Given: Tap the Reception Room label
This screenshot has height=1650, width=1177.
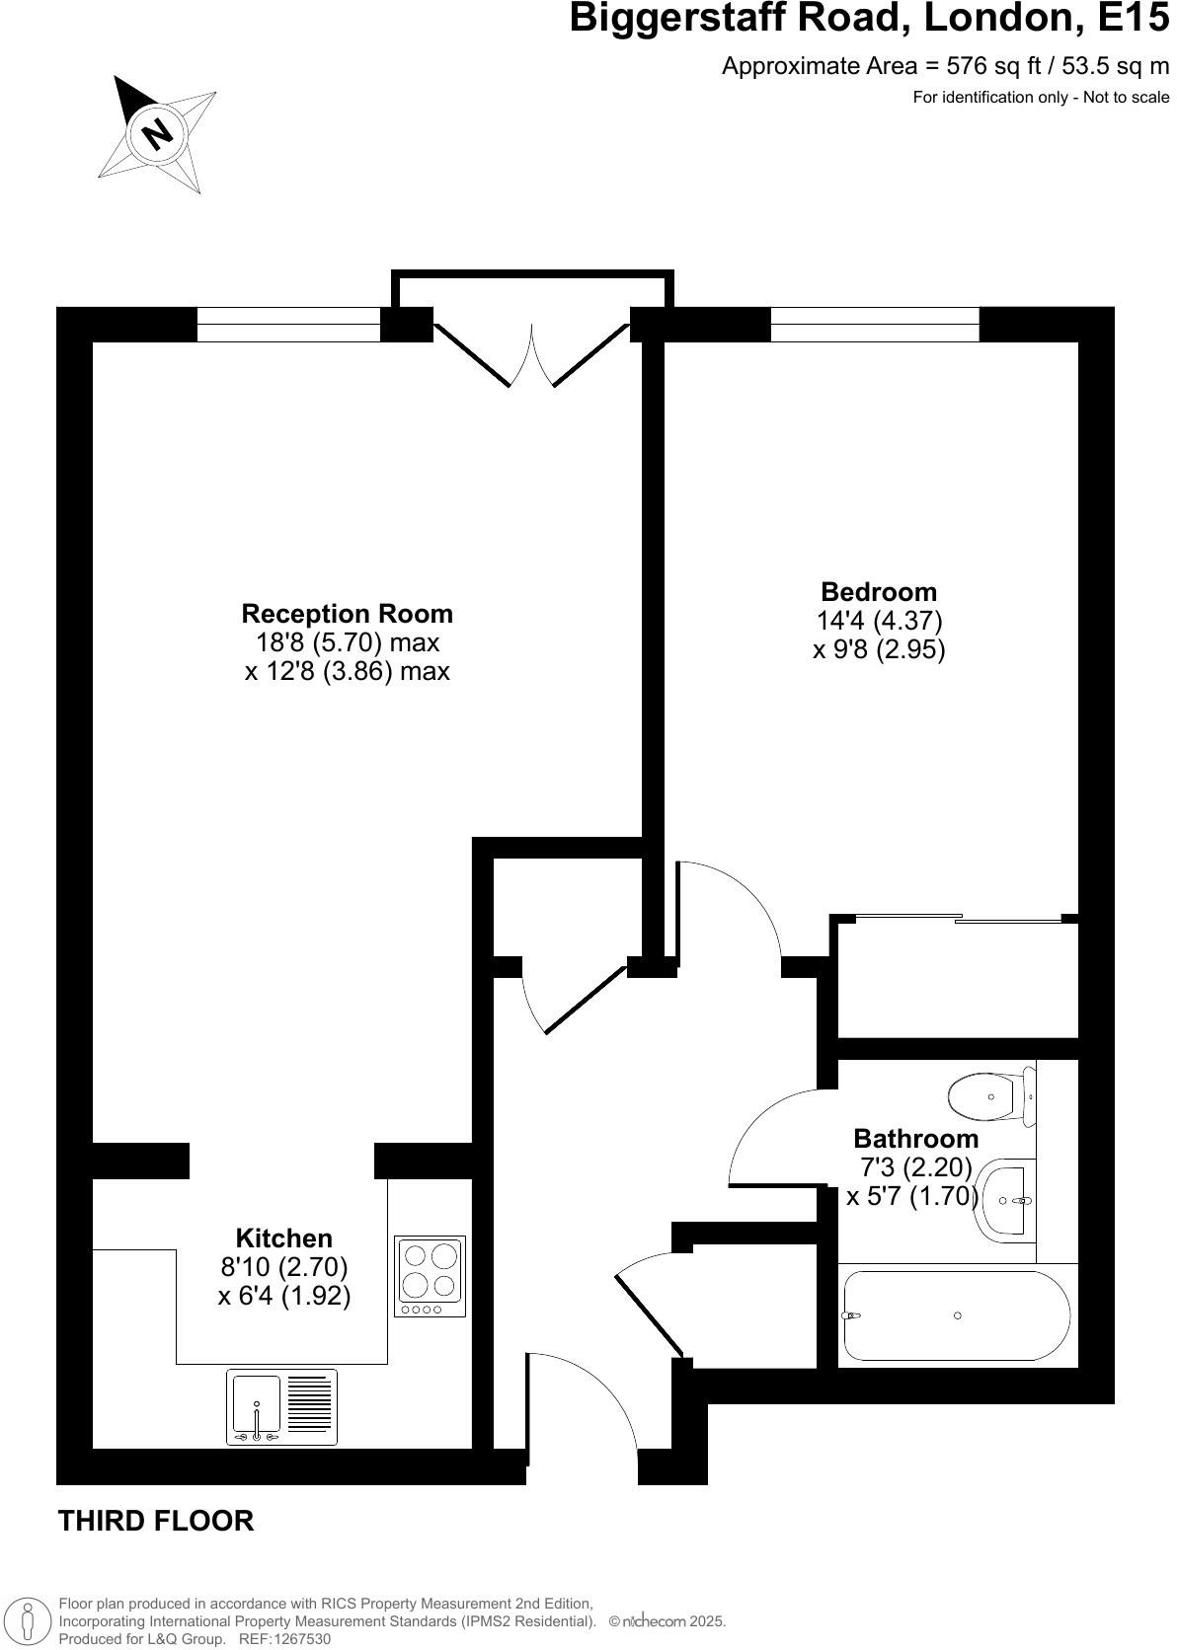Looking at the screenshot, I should pyautogui.click(x=347, y=614).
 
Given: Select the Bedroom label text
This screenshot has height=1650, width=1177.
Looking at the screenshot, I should pyautogui.click(x=879, y=592).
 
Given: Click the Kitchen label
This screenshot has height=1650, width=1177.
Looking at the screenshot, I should pyautogui.click(x=283, y=1238).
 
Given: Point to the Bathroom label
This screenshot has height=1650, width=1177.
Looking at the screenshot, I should pyautogui.click(x=915, y=1138).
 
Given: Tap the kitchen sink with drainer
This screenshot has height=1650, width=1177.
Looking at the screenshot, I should pyautogui.click(x=281, y=1406).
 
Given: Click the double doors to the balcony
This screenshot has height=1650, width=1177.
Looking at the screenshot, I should pyautogui.click(x=531, y=355).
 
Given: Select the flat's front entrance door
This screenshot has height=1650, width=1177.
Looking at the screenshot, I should pyautogui.click(x=583, y=1401).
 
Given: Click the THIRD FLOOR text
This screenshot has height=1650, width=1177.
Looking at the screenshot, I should pyautogui.click(x=156, y=1521).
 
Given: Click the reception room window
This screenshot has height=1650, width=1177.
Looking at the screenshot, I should pyautogui.click(x=288, y=325).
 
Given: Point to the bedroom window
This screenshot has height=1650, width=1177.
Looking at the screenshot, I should pyautogui.click(x=874, y=325).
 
